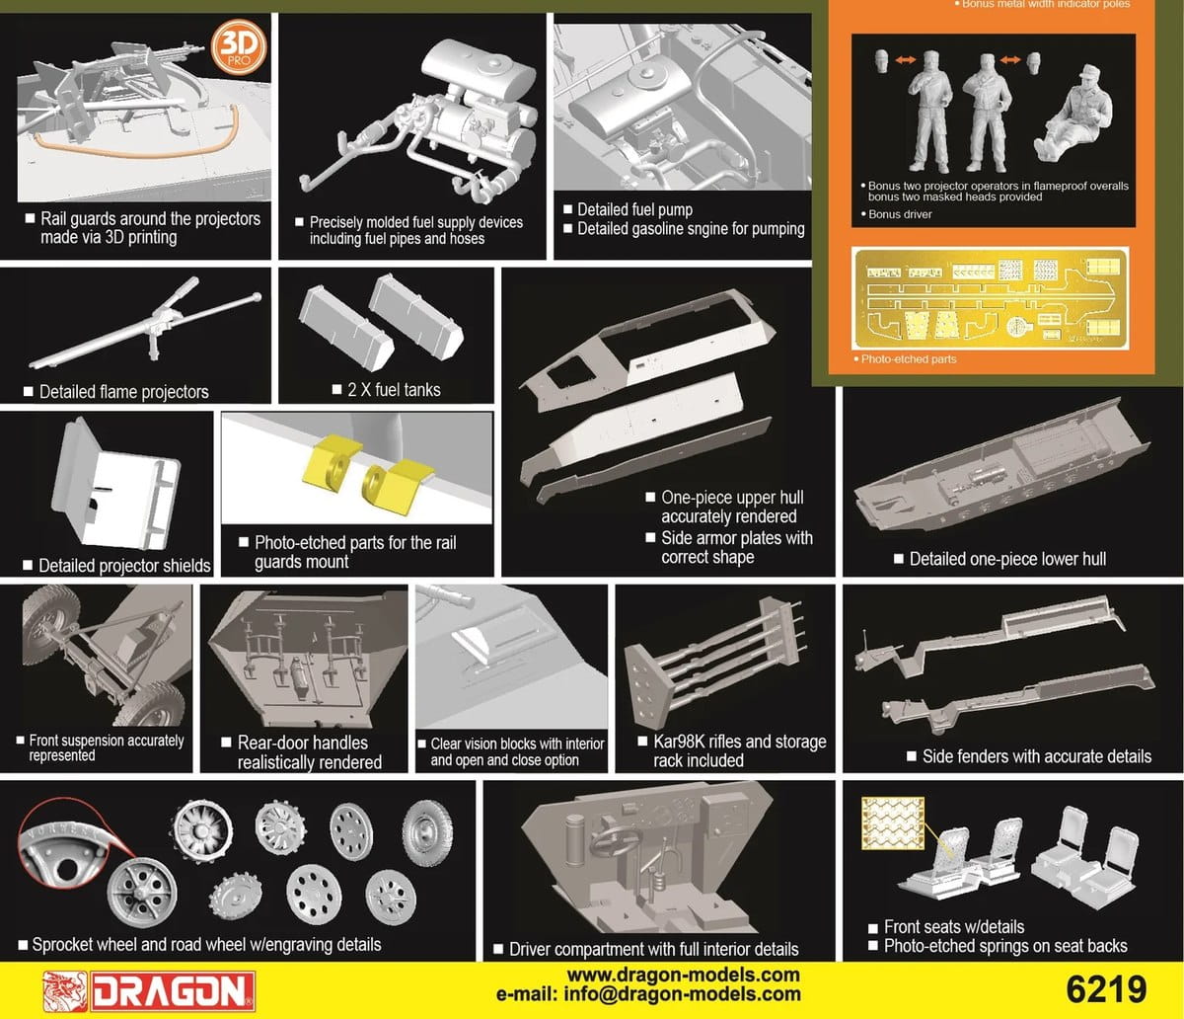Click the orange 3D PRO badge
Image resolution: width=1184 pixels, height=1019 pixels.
238,47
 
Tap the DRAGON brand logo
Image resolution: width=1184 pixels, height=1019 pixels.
149,991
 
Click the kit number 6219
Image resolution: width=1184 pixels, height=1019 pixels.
1106,989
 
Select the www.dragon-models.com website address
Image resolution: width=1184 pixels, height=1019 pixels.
683,975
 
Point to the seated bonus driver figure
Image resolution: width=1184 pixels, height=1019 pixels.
1073,114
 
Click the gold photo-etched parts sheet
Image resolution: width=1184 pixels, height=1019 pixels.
990,298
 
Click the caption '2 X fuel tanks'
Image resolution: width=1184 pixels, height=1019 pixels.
394,390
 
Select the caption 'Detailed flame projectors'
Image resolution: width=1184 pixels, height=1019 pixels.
123,392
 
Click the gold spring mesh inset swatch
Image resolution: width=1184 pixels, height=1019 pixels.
893,823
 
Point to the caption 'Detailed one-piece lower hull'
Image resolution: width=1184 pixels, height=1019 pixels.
1007,559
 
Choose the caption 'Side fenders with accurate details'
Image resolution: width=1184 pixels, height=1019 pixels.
1037,756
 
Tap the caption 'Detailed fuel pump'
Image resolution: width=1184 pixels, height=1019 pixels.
634,209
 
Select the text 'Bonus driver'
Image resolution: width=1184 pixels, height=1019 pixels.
900,214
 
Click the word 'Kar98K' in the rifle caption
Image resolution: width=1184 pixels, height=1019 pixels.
677,742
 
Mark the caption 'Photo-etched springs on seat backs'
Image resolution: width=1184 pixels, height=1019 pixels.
1005,946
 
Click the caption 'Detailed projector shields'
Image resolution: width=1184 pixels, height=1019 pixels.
124,566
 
